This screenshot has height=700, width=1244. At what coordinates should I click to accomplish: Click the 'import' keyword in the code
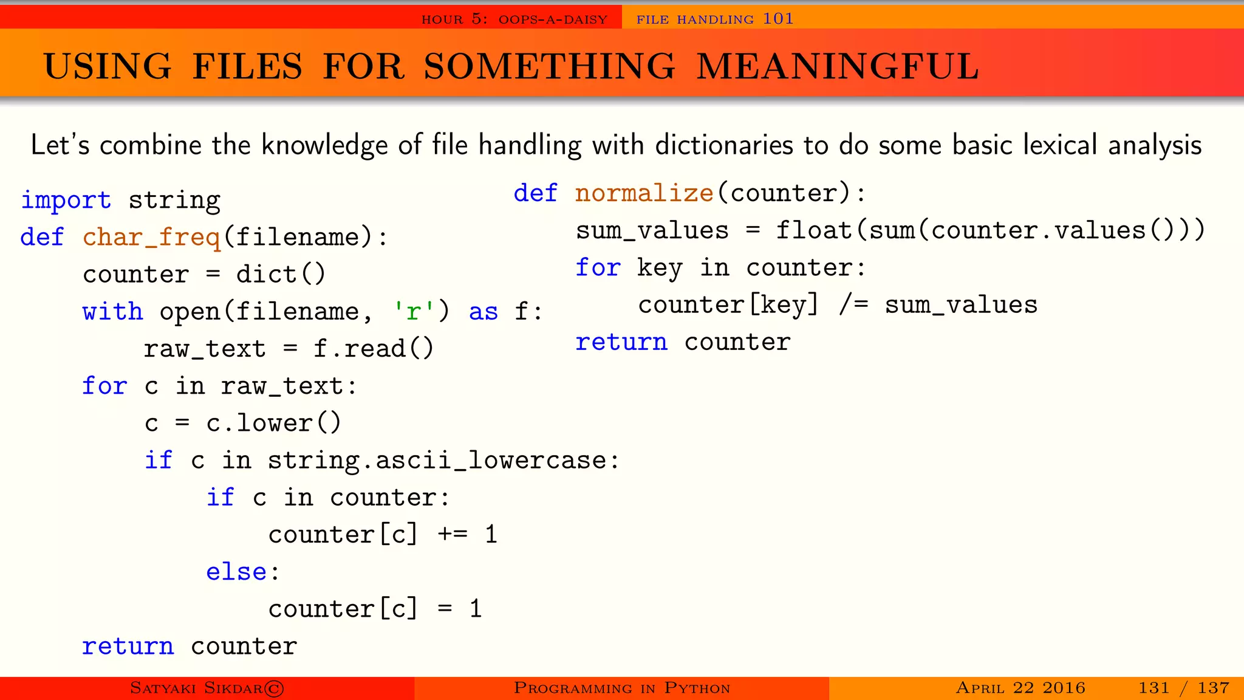(66, 200)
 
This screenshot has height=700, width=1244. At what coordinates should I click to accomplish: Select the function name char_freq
(152, 237)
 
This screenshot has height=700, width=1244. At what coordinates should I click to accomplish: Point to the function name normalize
(644, 193)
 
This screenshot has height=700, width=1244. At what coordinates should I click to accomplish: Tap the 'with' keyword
(112, 312)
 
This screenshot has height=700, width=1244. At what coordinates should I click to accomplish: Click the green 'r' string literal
(414, 312)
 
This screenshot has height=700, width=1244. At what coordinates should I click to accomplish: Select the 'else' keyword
(236, 572)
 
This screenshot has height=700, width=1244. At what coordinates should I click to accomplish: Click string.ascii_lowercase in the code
(437, 461)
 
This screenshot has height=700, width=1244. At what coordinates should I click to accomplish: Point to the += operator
(453, 535)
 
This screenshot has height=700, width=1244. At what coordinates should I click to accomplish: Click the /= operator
(853, 304)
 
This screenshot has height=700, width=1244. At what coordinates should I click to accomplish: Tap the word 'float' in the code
(814, 230)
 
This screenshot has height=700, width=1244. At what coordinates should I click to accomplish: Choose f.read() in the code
(373, 349)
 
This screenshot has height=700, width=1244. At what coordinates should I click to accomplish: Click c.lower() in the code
(273, 423)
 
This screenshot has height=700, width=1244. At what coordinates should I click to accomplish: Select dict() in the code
(281, 275)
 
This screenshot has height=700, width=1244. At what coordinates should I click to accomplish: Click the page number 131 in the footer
(1153, 688)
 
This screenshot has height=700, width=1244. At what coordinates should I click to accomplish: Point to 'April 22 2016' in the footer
(1020, 688)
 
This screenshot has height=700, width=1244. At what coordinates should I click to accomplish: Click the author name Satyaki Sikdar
(196, 688)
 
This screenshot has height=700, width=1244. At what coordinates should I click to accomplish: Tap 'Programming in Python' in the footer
(621, 688)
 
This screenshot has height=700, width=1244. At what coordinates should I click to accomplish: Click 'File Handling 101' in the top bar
(715, 19)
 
